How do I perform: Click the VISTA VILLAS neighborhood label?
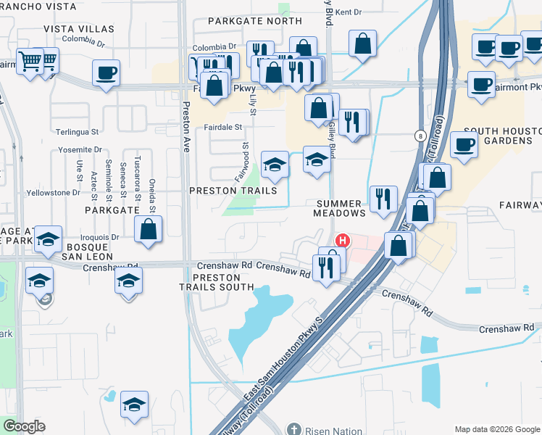[79, 28]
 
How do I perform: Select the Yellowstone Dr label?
[53, 193]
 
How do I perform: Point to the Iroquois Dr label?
[101, 237]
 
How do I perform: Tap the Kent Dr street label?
[348, 12]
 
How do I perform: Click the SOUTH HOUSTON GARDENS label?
[502, 135]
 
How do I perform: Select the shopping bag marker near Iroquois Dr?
[149, 230]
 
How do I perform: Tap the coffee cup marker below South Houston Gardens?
[464, 144]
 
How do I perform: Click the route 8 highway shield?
[420, 136]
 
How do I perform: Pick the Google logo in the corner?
[24, 426]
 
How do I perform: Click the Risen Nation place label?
[333, 431]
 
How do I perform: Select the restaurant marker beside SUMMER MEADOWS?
[382, 199]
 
